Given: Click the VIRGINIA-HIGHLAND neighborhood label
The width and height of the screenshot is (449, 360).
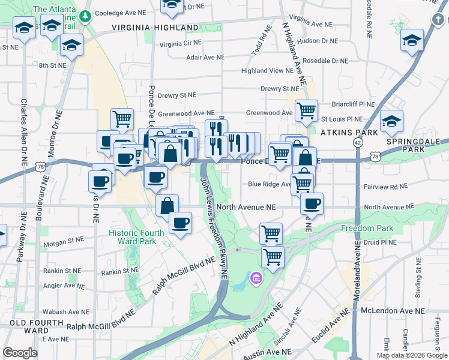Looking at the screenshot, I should click(155, 28).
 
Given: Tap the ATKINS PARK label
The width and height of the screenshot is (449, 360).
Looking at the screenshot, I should click(349, 132).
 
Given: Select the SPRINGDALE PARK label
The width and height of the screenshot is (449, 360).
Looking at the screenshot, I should click(413, 144).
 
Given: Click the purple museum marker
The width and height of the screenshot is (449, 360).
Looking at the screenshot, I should click(256, 279).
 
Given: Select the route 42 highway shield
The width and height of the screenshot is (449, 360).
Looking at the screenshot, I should click(358, 142).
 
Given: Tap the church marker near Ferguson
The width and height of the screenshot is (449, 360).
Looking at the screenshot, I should click(438, 20).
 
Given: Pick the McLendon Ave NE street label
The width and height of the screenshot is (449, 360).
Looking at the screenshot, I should click(393, 311).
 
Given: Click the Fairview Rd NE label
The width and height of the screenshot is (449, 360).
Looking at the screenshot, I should click(385, 187).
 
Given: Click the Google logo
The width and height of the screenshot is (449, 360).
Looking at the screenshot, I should click(20, 353).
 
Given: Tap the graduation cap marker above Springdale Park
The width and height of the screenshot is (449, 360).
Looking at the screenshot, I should click(392, 122).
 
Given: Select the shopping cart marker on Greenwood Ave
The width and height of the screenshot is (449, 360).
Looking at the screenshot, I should click(306, 110).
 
